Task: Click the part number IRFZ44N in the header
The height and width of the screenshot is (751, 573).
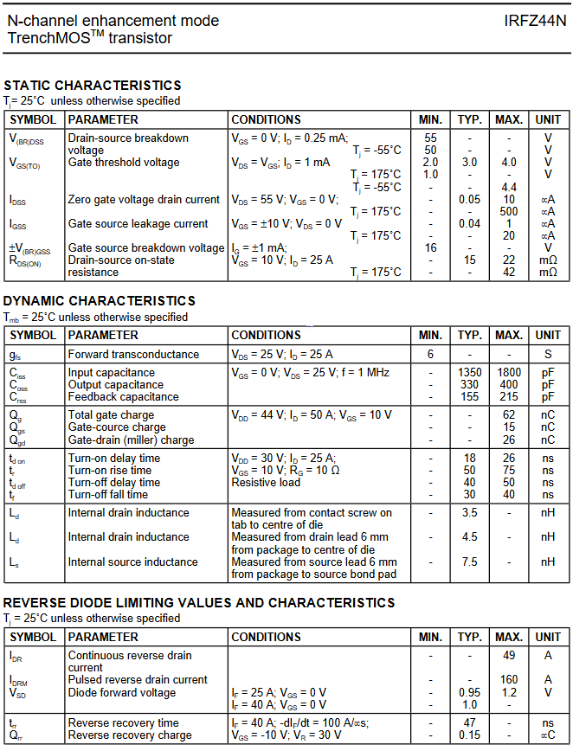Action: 535,21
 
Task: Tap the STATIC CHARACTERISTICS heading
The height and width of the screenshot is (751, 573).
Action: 93,85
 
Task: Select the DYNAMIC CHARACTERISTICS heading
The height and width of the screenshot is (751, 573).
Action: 100,300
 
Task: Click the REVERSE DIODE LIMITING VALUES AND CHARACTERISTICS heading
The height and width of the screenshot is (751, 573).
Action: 199,602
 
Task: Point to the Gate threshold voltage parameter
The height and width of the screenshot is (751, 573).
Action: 124,163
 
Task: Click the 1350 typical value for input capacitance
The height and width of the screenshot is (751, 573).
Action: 469,373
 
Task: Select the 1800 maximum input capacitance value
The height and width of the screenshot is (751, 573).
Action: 508,373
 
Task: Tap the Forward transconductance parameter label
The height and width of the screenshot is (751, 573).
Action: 132,354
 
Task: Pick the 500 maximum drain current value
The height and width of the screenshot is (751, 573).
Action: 508,211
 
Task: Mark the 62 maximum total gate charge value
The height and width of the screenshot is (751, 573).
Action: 508,415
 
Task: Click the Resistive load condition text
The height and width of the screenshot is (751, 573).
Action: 266,483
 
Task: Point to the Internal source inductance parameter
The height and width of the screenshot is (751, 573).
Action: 134,562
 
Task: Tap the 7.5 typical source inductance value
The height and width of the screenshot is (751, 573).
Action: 469,562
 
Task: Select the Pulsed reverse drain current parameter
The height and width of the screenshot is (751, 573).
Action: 138,680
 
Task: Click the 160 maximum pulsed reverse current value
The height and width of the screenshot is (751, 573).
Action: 508,680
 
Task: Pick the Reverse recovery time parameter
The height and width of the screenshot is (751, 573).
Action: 124,723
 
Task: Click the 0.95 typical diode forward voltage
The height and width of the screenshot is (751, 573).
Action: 469,692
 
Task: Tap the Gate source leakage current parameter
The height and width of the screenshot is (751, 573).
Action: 138,223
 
